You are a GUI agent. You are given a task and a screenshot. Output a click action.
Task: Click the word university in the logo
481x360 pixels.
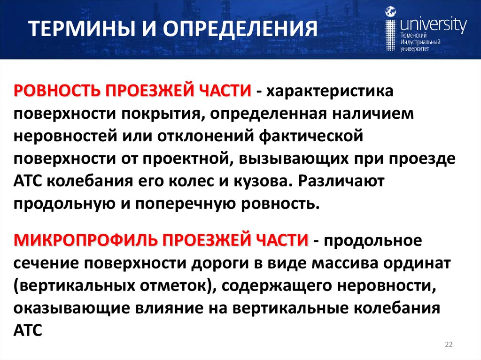[x=433, y=23]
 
